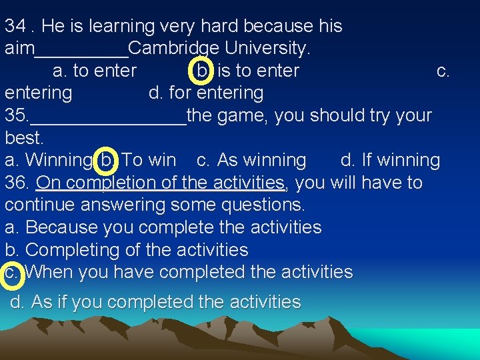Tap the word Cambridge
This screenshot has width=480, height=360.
click(174, 49)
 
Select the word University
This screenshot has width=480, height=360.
click(267, 49)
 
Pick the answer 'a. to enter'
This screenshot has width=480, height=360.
click(95, 71)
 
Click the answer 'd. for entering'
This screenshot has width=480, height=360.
click(206, 93)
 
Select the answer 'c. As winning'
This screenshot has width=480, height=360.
click(252, 160)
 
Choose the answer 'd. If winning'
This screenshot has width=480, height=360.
click(390, 160)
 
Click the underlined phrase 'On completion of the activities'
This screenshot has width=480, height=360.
click(161, 183)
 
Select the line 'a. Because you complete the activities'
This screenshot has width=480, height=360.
click(163, 227)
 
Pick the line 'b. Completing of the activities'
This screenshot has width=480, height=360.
click(127, 250)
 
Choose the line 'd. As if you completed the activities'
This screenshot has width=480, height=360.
click(155, 302)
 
